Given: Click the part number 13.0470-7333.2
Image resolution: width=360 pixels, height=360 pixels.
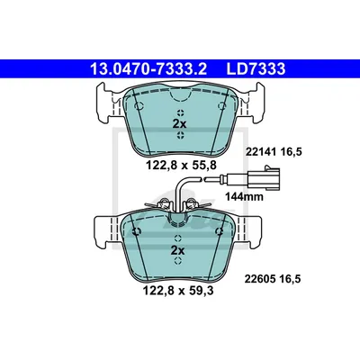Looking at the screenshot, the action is (148, 69).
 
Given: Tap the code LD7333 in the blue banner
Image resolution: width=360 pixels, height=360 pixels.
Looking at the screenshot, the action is (256, 69).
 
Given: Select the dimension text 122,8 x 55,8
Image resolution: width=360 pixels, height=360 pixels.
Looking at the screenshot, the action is (181, 165).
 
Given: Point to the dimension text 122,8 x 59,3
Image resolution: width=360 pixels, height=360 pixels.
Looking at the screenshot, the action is (179, 291).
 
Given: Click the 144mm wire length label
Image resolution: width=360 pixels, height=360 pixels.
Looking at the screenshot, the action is (244, 197).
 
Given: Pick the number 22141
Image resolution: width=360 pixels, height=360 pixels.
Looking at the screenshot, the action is (261, 152).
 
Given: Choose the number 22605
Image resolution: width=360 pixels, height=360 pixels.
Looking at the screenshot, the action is (260, 279).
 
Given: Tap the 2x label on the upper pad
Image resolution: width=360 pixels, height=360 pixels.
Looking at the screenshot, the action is (179, 123).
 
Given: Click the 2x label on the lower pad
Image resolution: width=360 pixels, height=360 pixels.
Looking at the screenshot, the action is (177, 250).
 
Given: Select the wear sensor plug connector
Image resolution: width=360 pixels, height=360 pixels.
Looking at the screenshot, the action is (265, 178).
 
